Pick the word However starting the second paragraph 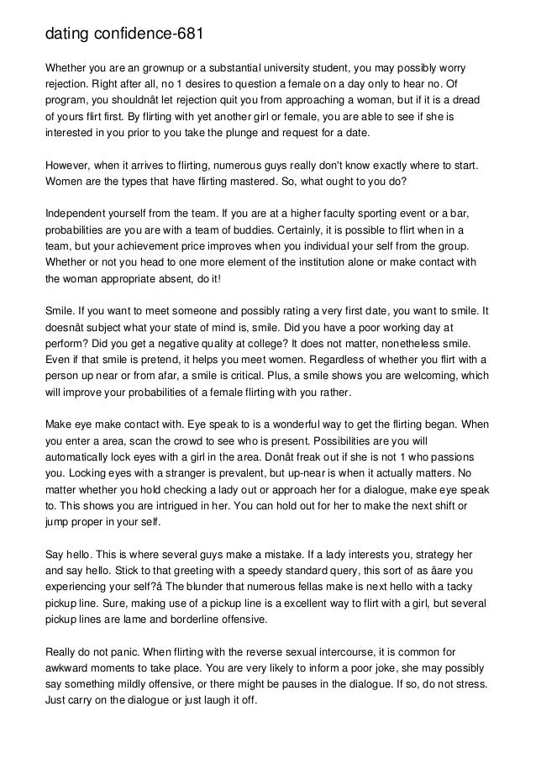pos(71,166)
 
